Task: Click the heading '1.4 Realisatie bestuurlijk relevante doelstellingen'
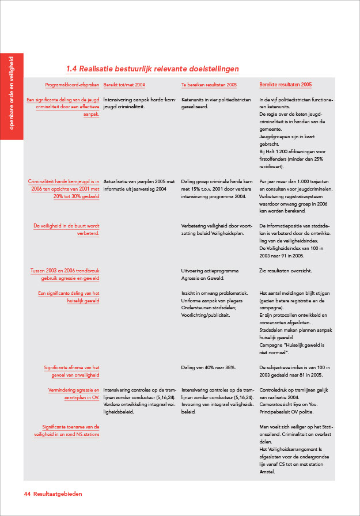(x=152, y=69)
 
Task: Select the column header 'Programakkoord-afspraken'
(x=72, y=85)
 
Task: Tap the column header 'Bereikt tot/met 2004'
(x=124, y=85)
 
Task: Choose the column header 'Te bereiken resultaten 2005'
(x=209, y=85)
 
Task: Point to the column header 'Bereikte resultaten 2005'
(x=286, y=85)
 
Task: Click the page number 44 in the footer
(x=26, y=494)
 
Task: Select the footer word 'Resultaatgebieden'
(x=58, y=494)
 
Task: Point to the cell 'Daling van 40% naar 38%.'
(x=208, y=367)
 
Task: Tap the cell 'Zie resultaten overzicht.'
(x=286, y=271)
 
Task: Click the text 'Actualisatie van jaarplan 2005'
(x=138, y=182)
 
